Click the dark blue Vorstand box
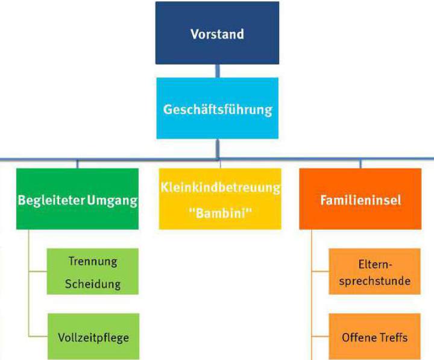click(x=217, y=33)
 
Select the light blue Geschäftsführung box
click(x=217, y=109)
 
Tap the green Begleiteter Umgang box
click(x=77, y=199)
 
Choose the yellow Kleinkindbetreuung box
click(x=220, y=199)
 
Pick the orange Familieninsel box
click(x=360, y=199)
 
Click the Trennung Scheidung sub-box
click(x=93, y=272)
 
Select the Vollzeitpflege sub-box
click(x=93, y=336)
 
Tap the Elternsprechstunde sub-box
click(x=375, y=272)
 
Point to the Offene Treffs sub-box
click(x=375, y=336)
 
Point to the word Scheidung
click(x=93, y=283)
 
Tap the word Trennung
click(x=93, y=262)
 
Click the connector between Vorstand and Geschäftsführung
click(x=218, y=71)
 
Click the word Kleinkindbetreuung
click(x=220, y=187)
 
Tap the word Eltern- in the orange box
click(x=375, y=263)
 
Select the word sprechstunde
click(x=375, y=280)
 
